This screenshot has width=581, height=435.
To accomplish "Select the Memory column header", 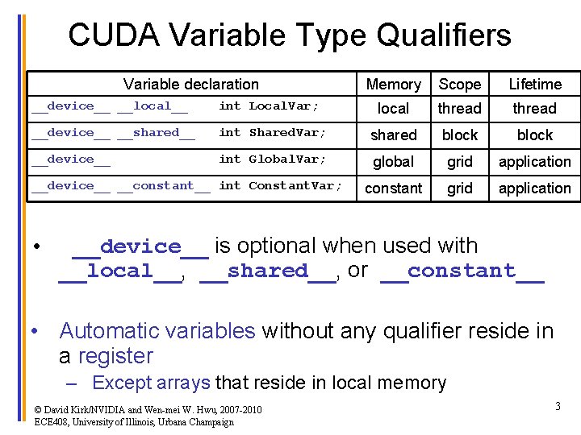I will click(393, 84).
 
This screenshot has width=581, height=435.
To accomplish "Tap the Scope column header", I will click(459, 84).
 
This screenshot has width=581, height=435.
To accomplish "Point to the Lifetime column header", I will click(534, 84).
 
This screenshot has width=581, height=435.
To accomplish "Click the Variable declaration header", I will click(191, 84).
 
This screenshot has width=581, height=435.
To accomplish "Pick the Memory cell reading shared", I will click(393, 135).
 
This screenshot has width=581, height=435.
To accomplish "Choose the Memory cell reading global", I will click(393, 161).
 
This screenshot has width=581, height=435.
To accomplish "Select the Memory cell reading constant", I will click(393, 188).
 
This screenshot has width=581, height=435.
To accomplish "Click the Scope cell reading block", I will click(459, 135).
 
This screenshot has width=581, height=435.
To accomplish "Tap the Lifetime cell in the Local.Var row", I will click(534, 108).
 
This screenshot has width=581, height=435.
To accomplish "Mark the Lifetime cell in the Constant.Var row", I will click(534, 188).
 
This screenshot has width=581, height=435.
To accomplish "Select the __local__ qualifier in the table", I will click(153, 106).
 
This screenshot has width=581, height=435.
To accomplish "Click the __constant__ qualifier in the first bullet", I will click(462, 271).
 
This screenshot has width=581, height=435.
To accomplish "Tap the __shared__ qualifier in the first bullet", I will click(268, 271).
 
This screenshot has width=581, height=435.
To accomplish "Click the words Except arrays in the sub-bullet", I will click(151, 383).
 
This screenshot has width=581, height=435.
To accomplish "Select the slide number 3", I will click(558, 407).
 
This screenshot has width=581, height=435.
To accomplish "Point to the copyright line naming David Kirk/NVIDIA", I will click(148, 410).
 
